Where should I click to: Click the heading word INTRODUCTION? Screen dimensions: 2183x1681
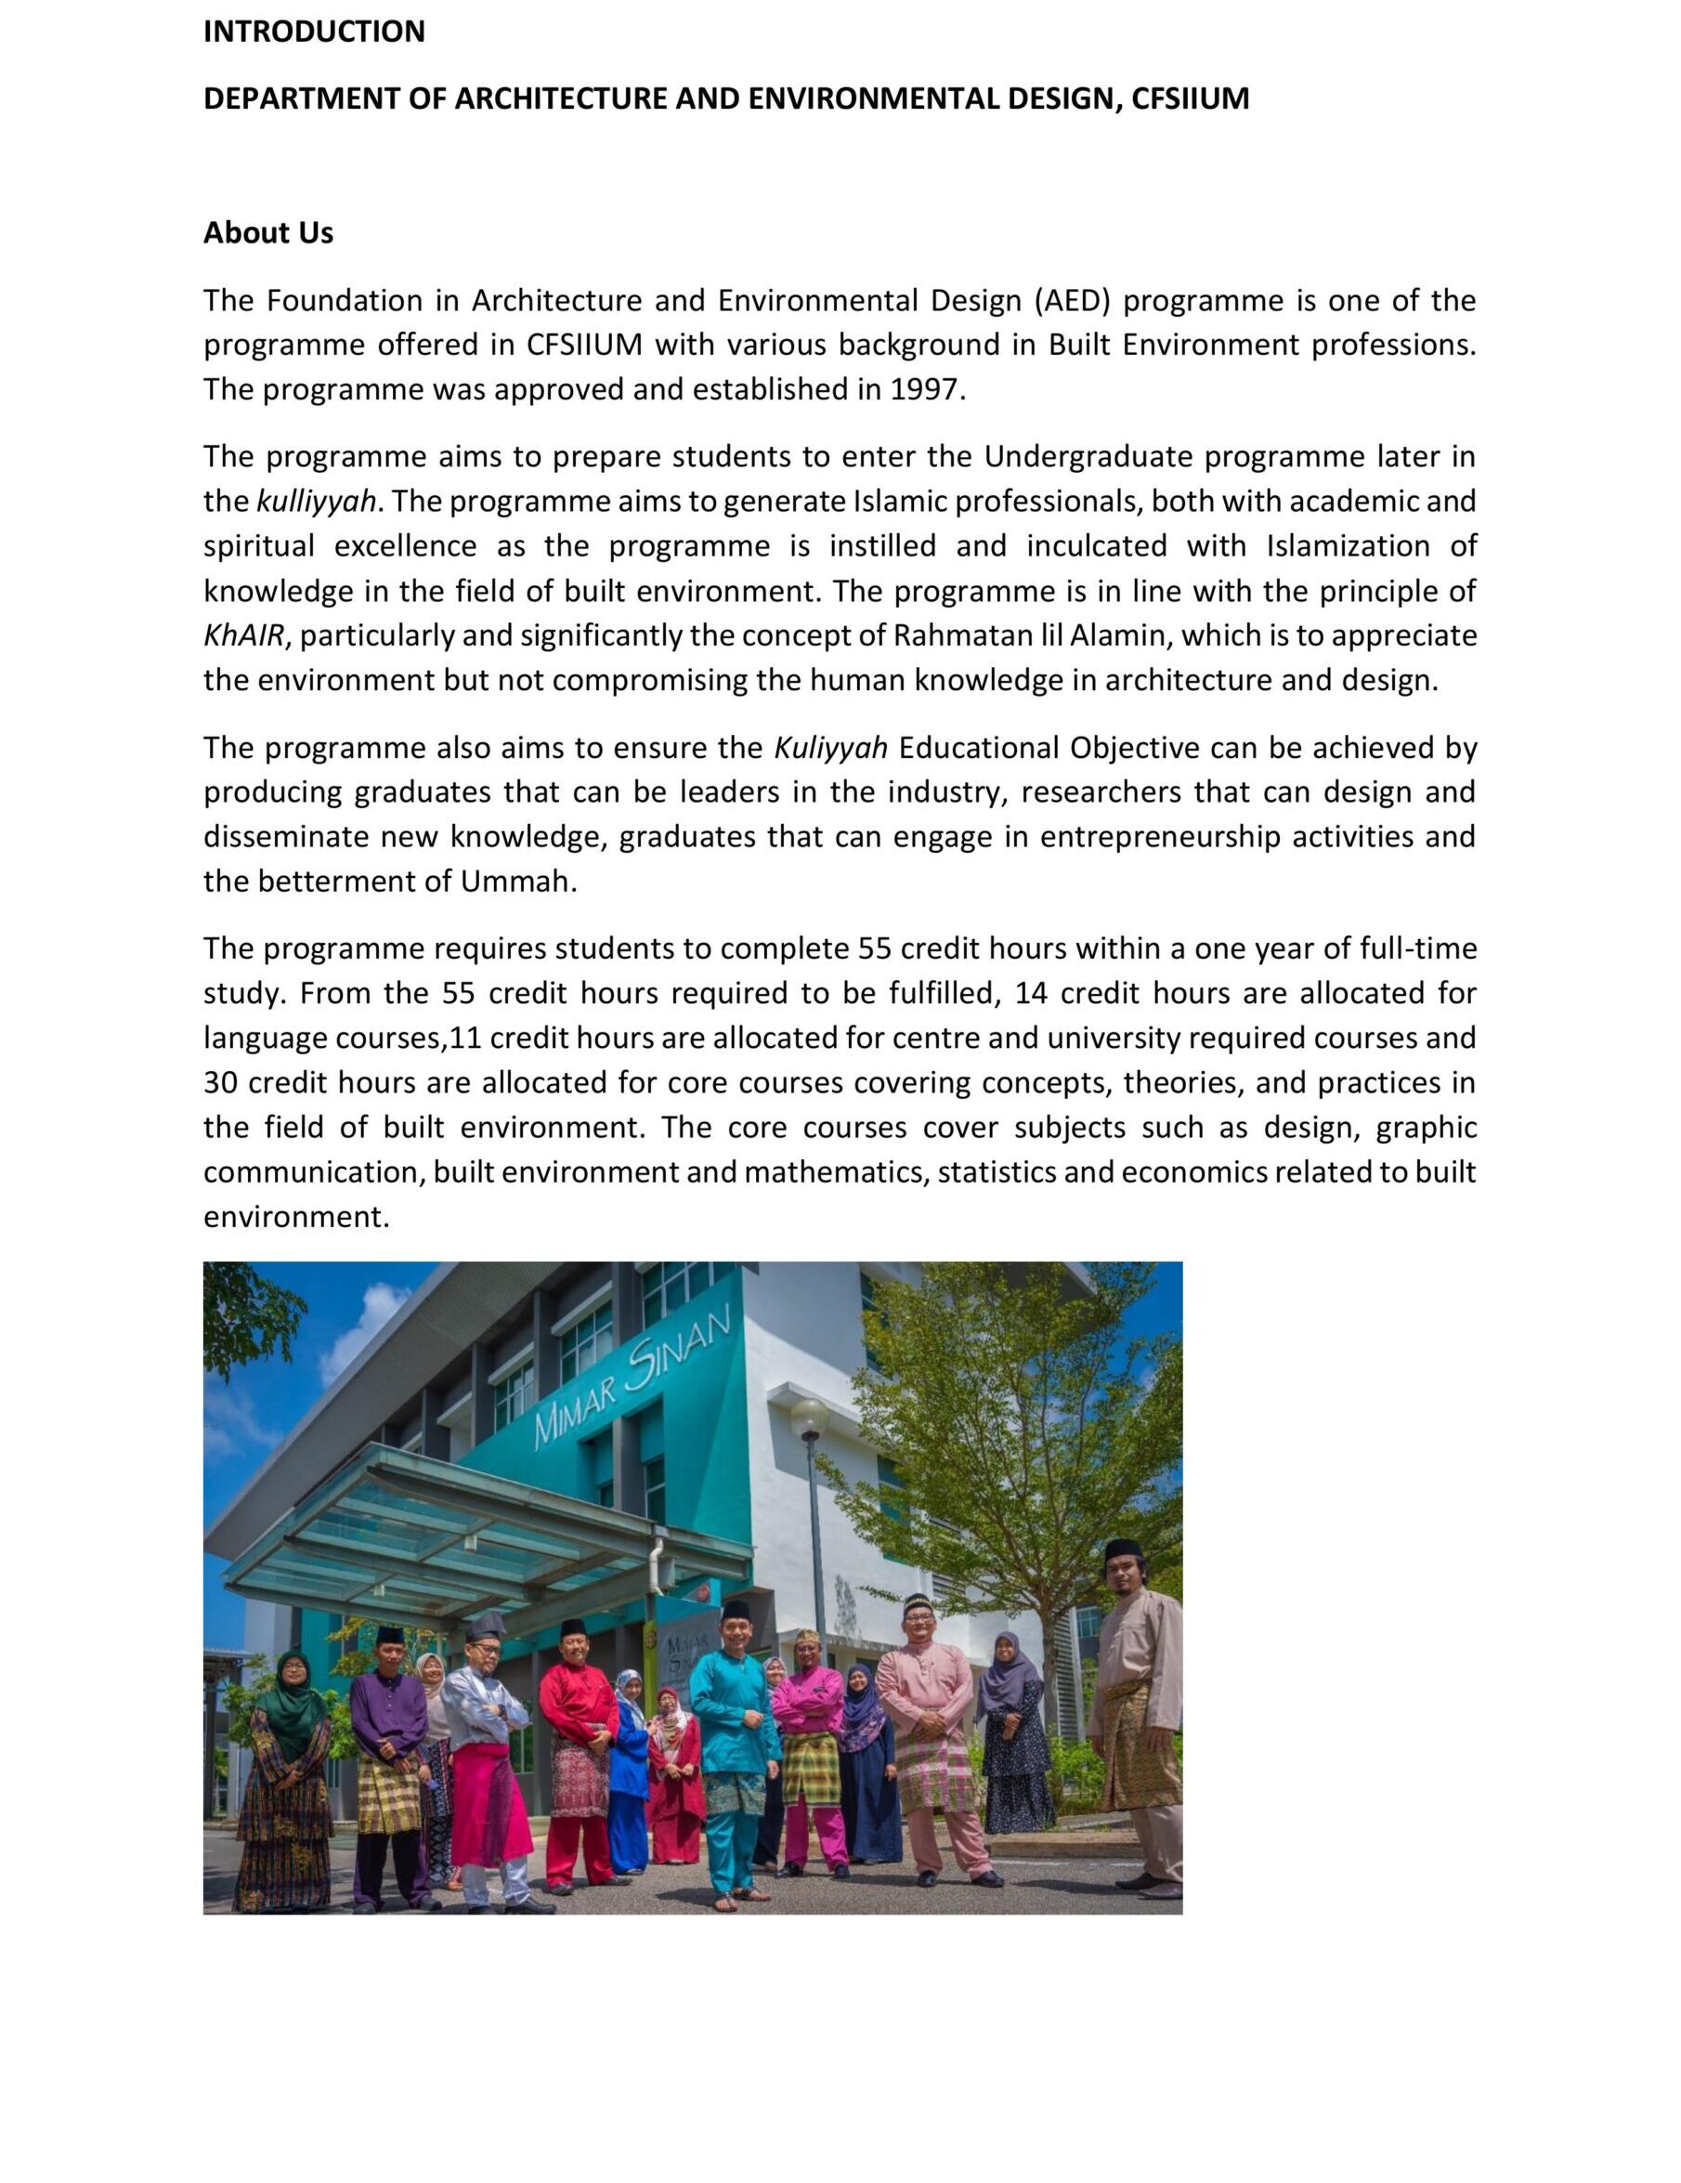[314, 32]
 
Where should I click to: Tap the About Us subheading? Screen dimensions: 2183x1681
[267, 233]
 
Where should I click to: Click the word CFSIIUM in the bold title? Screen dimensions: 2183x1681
[1190, 99]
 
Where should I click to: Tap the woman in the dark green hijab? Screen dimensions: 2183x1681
[287, 1759]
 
